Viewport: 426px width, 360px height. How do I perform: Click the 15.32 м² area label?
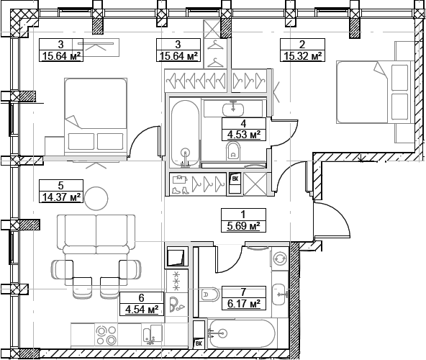click(x=302, y=56)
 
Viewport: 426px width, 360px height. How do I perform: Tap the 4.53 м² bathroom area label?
click(x=244, y=135)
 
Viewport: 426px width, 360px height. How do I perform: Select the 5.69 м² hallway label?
click(x=243, y=226)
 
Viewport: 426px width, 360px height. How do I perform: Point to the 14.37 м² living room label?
click(x=61, y=197)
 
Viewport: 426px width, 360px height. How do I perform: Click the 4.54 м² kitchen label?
click(x=142, y=310)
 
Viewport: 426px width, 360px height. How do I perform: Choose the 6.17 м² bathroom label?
click(x=244, y=303)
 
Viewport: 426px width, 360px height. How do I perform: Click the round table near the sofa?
click(x=96, y=199)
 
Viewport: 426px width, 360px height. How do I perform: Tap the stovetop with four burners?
click(x=106, y=336)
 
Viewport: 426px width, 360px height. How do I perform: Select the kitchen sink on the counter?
click(x=152, y=335)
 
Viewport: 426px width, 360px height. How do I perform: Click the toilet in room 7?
click(x=209, y=294)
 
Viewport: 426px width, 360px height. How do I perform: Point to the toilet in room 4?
click(x=233, y=151)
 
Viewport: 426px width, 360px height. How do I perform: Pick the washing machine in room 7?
click(x=279, y=258)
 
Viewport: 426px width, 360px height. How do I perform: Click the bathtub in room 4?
click(x=186, y=134)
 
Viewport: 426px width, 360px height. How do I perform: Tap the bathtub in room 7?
click(x=243, y=333)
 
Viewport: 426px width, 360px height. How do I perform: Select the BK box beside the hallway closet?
click(x=235, y=183)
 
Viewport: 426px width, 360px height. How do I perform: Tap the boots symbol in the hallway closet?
click(x=181, y=190)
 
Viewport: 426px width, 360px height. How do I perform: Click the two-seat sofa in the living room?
click(x=96, y=235)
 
